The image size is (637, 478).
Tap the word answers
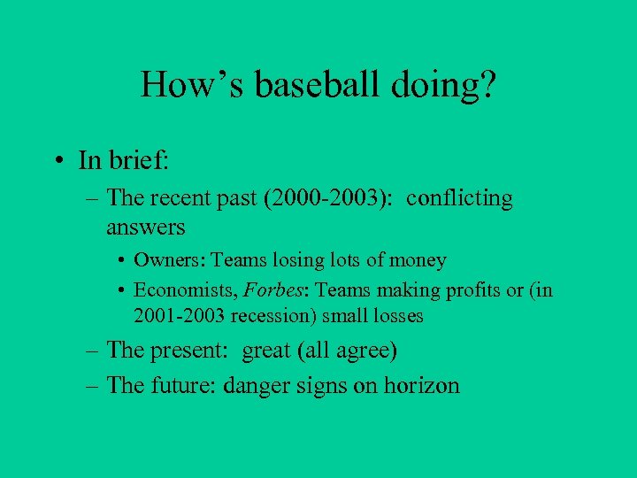145,227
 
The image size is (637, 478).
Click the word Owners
160,261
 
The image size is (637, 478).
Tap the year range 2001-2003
175,316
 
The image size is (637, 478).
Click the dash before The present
93,351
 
